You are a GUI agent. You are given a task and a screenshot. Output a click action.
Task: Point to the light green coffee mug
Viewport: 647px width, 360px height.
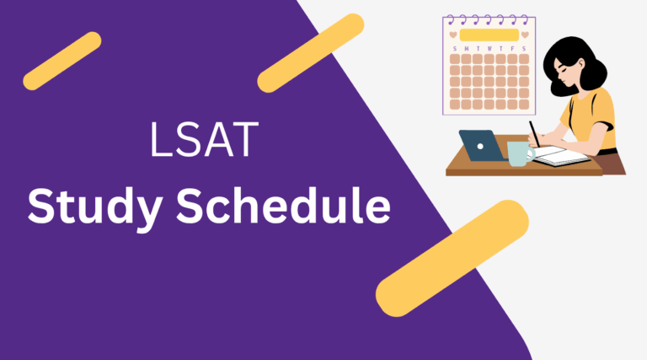click(x=516, y=153)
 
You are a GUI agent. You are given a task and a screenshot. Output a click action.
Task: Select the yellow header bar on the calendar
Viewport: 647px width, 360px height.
click(x=489, y=35)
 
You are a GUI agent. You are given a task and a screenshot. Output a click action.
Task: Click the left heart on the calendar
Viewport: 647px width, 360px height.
click(x=454, y=35)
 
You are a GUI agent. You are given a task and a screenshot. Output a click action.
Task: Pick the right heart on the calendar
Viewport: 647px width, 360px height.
click(x=525, y=35)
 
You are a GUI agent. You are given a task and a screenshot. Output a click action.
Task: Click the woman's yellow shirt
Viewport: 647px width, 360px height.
click(x=594, y=118)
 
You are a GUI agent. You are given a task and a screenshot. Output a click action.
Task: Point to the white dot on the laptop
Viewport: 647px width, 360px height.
click(x=481, y=145)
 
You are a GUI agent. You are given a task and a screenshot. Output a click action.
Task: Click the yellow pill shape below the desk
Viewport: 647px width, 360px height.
click(x=452, y=258)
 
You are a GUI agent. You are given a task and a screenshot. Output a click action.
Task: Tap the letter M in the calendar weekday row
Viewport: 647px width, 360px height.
click(x=468, y=49)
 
